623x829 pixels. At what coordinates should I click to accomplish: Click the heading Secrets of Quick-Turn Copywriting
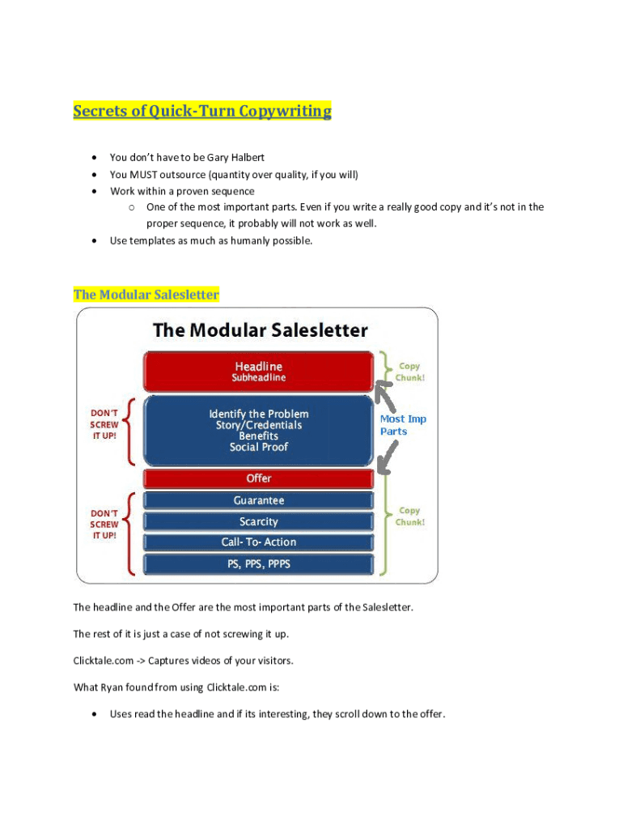(x=202, y=111)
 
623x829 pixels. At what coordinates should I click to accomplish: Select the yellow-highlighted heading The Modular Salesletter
(x=146, y=295)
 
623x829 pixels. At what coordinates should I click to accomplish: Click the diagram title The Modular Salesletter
(x=260, y=330)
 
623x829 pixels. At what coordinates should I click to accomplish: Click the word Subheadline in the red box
(x=259, y=378)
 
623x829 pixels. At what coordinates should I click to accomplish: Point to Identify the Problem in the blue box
(x=259, y=414)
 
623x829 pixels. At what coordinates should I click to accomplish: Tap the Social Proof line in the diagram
(x=259, y=447)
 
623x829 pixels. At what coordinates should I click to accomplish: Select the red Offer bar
(x=259, y=478)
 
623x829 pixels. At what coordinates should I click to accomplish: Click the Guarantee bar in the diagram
(x=259, y=500)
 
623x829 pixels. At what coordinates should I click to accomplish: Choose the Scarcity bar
(x=259, y=521)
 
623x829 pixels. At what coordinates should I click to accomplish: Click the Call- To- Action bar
(x=259, y=542)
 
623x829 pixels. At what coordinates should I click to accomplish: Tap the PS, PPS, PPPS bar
(x=259, y=563)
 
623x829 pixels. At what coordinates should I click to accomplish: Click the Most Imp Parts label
(x=403, y=425)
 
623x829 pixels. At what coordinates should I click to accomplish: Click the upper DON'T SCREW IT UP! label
(x=104, y=424)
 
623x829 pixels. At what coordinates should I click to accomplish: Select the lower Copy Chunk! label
(x=410, y=517)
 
